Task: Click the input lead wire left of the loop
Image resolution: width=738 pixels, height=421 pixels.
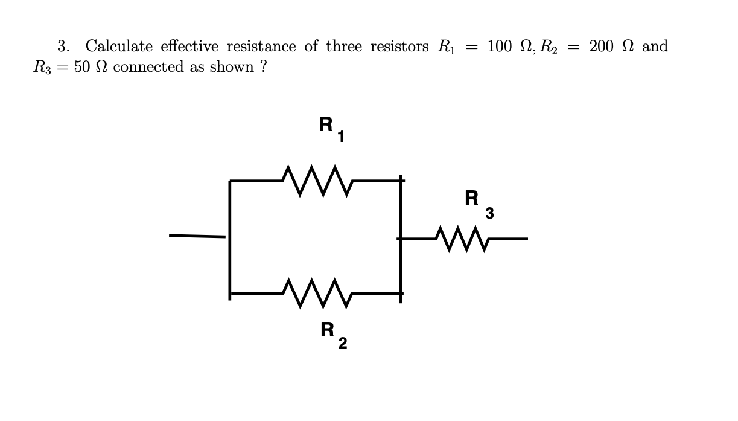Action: point(197,236)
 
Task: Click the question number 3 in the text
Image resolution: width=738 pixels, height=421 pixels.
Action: point(62,47)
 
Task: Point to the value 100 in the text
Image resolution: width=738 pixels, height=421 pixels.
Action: point(500,47)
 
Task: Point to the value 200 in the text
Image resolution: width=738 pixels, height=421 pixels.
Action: point(602,47)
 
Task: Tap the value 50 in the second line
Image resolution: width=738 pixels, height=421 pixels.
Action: point(82,67)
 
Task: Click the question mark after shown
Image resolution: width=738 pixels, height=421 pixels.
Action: point(263,67)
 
